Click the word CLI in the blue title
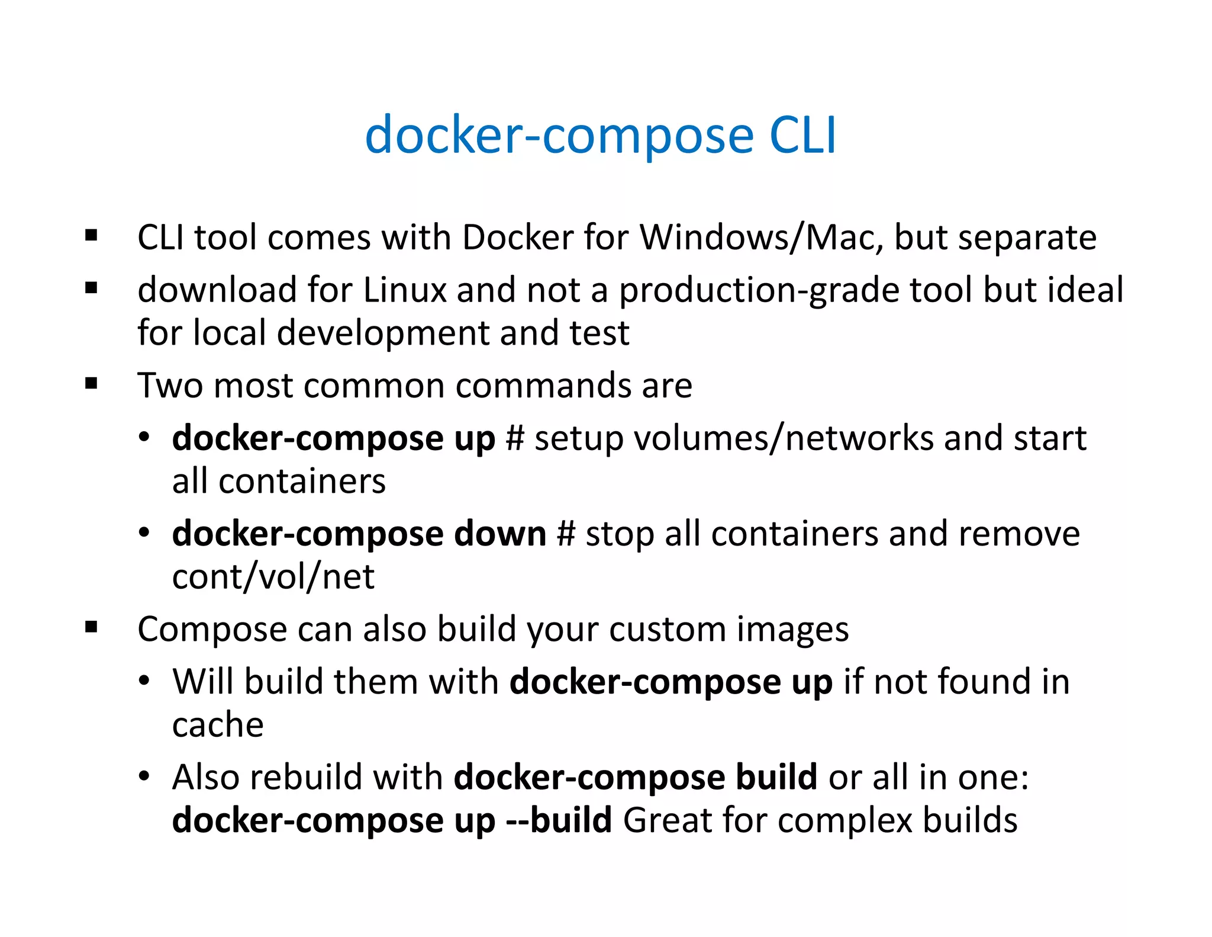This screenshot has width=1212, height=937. (802, 135)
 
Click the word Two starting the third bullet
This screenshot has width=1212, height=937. (171, 386)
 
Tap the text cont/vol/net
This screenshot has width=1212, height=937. (273, 577)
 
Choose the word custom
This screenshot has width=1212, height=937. (667, 629)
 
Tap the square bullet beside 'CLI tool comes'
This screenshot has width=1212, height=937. (91, 236)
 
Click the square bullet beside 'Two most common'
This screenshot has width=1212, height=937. (91, 384)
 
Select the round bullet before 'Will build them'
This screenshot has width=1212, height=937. (144, 682)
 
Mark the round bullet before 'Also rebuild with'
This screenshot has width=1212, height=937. (144, 777)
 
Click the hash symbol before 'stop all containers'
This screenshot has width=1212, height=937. (566, 534)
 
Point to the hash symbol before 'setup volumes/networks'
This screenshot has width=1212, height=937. (515, 439)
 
